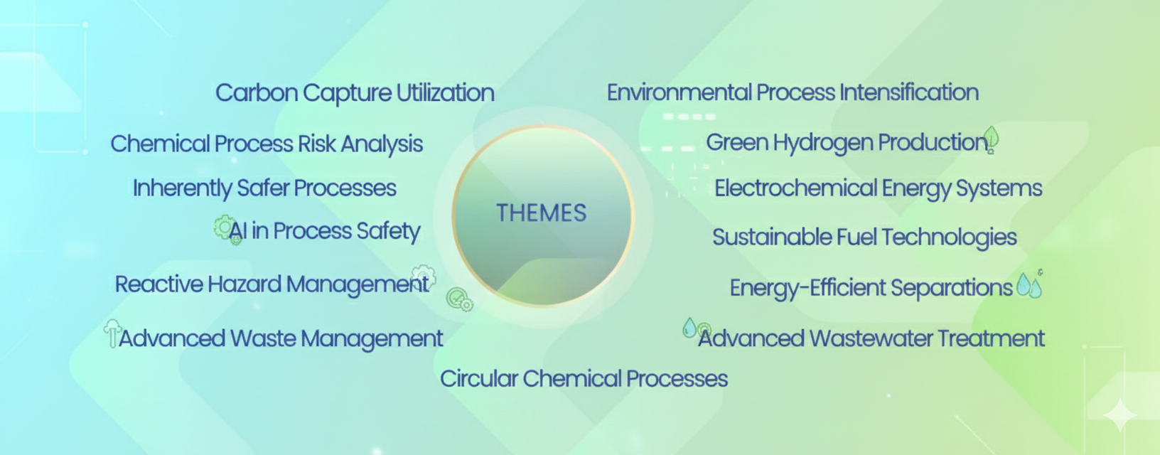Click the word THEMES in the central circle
tap(541, 213)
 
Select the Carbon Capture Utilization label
tap(355, 93)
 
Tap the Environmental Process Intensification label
tap(793, 92)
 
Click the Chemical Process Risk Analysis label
tap(267, 144)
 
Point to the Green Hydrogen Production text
tap(846, 142)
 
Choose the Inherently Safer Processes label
tap(264, 188)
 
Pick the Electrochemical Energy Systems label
tap(879, 188)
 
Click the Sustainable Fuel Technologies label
tap(864, 237)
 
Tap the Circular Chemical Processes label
tap(584, 379)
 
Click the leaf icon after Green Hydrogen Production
tap(991, 139)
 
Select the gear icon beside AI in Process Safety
tap(226, 230)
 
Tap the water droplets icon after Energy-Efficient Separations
tap(1029, 284)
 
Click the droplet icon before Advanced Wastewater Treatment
tap(689, 328)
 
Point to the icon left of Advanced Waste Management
tap(112, 333)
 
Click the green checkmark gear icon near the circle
tap(459, 299)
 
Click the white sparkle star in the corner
tap(1119, 414)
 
